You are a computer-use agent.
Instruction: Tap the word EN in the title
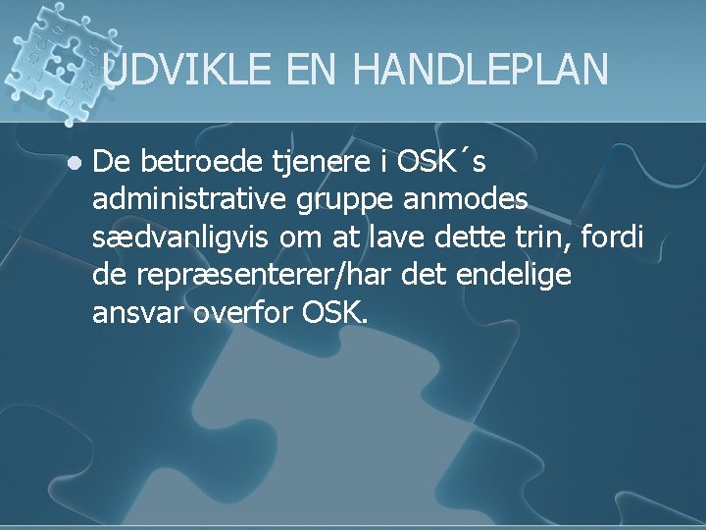[x=313, y=70]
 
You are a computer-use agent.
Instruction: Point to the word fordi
[x=619, y=238]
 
